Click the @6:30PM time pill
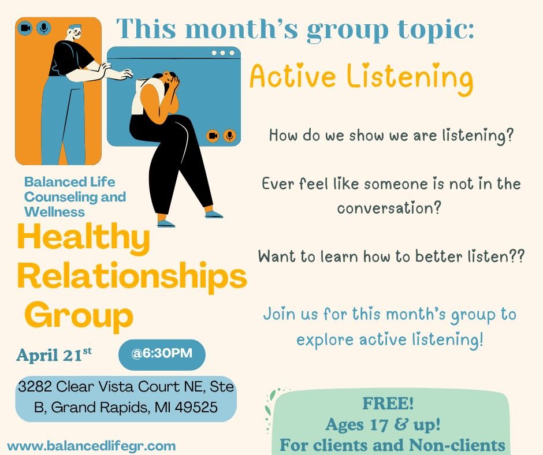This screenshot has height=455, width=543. coord(162,354)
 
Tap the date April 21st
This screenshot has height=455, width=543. coord(54,355)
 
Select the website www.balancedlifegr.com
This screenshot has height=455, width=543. coord(91,446)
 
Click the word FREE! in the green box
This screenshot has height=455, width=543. coord(388,404)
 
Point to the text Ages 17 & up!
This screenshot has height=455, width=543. coord(383,424)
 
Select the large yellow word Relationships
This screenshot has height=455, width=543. coord(132,278)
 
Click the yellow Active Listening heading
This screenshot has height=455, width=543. coord(361,77)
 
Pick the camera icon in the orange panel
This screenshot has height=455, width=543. coord(25,28)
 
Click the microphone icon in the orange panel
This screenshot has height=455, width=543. coord(43,28)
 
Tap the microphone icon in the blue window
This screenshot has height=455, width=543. coord(229,136)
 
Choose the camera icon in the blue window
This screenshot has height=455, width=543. coord(213,136)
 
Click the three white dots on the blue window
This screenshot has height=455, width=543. coord(222,53)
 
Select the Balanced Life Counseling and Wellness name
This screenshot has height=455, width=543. coord(75,196)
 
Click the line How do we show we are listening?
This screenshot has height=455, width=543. coord(391,137)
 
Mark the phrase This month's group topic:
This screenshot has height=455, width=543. coord(295,29)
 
